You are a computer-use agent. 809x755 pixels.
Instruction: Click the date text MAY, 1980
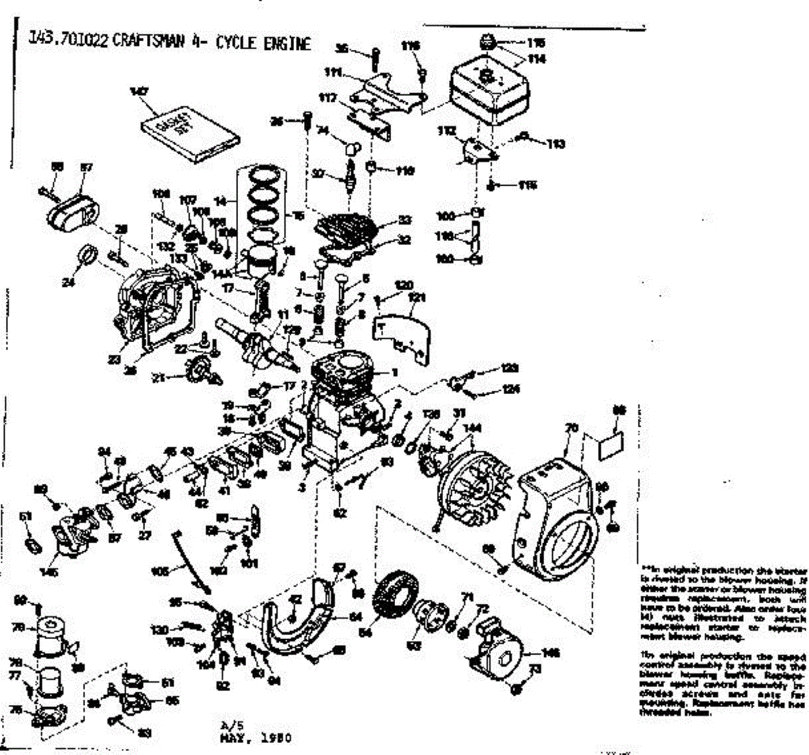tap(256, 737)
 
